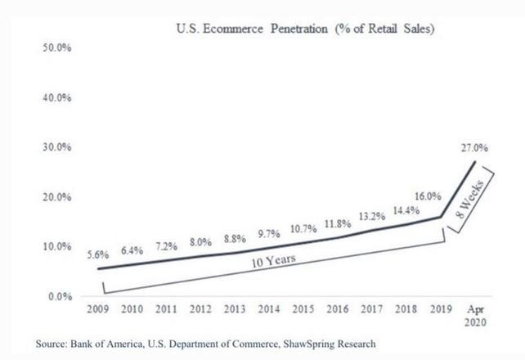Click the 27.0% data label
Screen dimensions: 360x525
[475, 148]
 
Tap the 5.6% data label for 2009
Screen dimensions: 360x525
[98, 254]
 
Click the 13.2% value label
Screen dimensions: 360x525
[371, 216]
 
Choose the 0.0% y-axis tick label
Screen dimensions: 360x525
[58, 295]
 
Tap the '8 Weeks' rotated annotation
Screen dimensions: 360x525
[473, 200]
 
